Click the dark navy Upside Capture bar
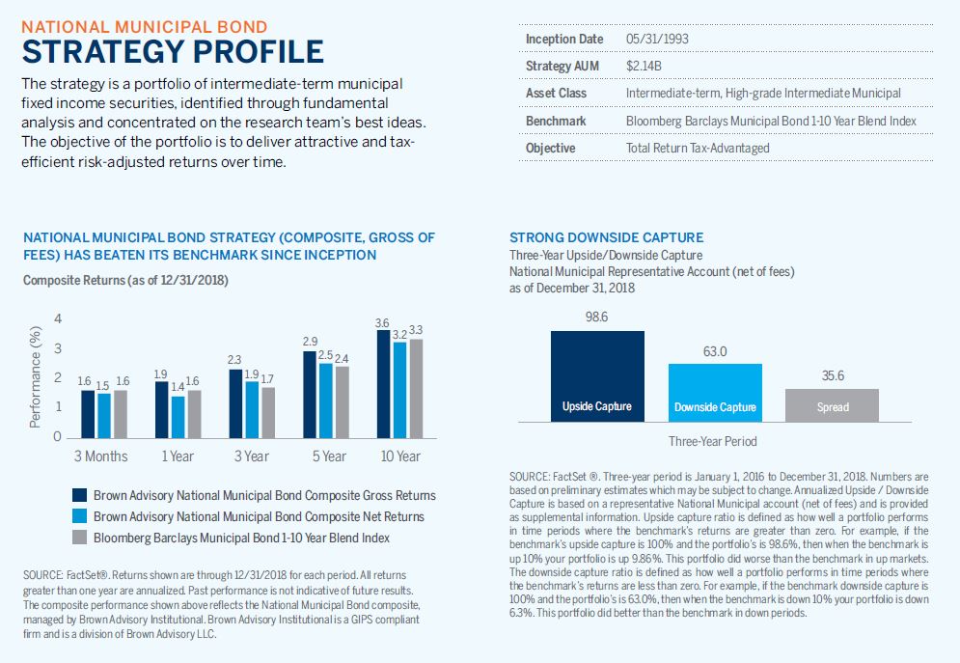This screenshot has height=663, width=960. tap(597, 375)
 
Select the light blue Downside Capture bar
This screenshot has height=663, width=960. tap(715, 392)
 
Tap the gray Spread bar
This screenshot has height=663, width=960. tap(832, 404)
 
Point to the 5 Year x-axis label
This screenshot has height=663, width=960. tap(328, 456)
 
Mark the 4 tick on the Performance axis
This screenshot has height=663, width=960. tap(58, 319)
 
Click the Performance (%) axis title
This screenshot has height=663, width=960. tap(35, 376)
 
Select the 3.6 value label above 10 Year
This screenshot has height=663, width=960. tap(381, 322)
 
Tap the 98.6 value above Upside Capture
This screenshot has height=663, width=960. tap(597, 318)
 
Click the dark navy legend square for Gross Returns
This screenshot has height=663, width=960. tap(81, 495)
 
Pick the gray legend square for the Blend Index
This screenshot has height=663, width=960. tap(81, 538)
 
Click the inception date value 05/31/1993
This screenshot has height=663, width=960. tap(657, 39)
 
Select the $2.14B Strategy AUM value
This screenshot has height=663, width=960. tap(643, 66)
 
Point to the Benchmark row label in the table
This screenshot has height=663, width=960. tap(556, 121)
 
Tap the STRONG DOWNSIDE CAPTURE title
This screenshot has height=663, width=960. tap(606, 237)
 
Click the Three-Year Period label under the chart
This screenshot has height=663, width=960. tap(712, 441)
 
